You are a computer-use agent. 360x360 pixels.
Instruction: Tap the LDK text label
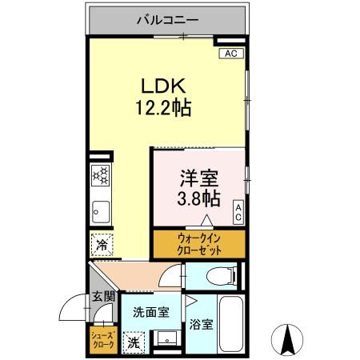pos(165,86)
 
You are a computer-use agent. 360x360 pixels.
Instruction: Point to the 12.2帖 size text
pos(165,107)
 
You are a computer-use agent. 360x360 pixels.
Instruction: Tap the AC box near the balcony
pos(230,54)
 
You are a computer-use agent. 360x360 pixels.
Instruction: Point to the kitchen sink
pos(99,211)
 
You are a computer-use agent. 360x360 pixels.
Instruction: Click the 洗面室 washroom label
pos(150,313)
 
